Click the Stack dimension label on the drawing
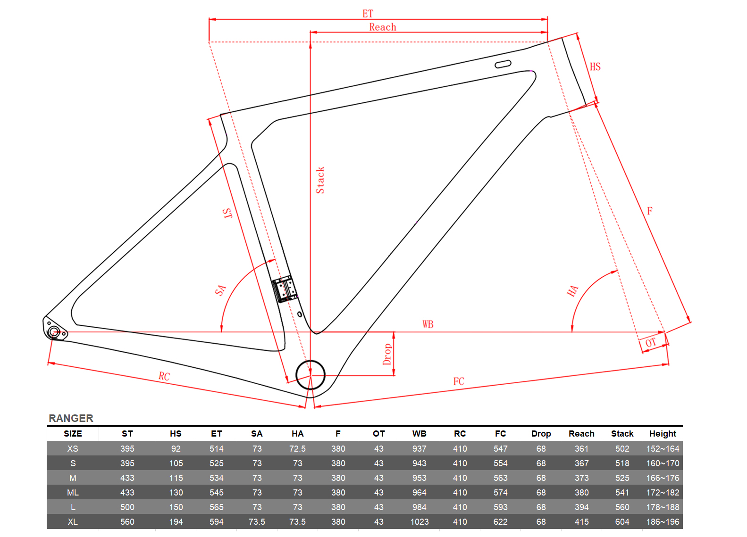(320, 180)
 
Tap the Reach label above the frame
(383, 27)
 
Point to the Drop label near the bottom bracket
(387, 354)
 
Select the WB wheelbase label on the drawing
(428, 324)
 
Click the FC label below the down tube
(459, 381)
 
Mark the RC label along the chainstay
(164, 376)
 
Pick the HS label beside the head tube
(595, 66)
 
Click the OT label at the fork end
(651, 343)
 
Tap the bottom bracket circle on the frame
(311, 375)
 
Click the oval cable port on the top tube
(503, 64)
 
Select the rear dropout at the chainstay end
(55, 329)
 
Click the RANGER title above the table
(71, 418)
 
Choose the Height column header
(663, 434)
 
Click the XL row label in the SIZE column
(73, 522)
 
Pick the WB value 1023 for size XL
(420, 522)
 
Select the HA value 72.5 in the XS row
(297, 449)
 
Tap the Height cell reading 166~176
(663, 478)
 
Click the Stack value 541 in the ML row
(622, 493)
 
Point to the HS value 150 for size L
(176, 507)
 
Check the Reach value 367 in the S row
(581, 463)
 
